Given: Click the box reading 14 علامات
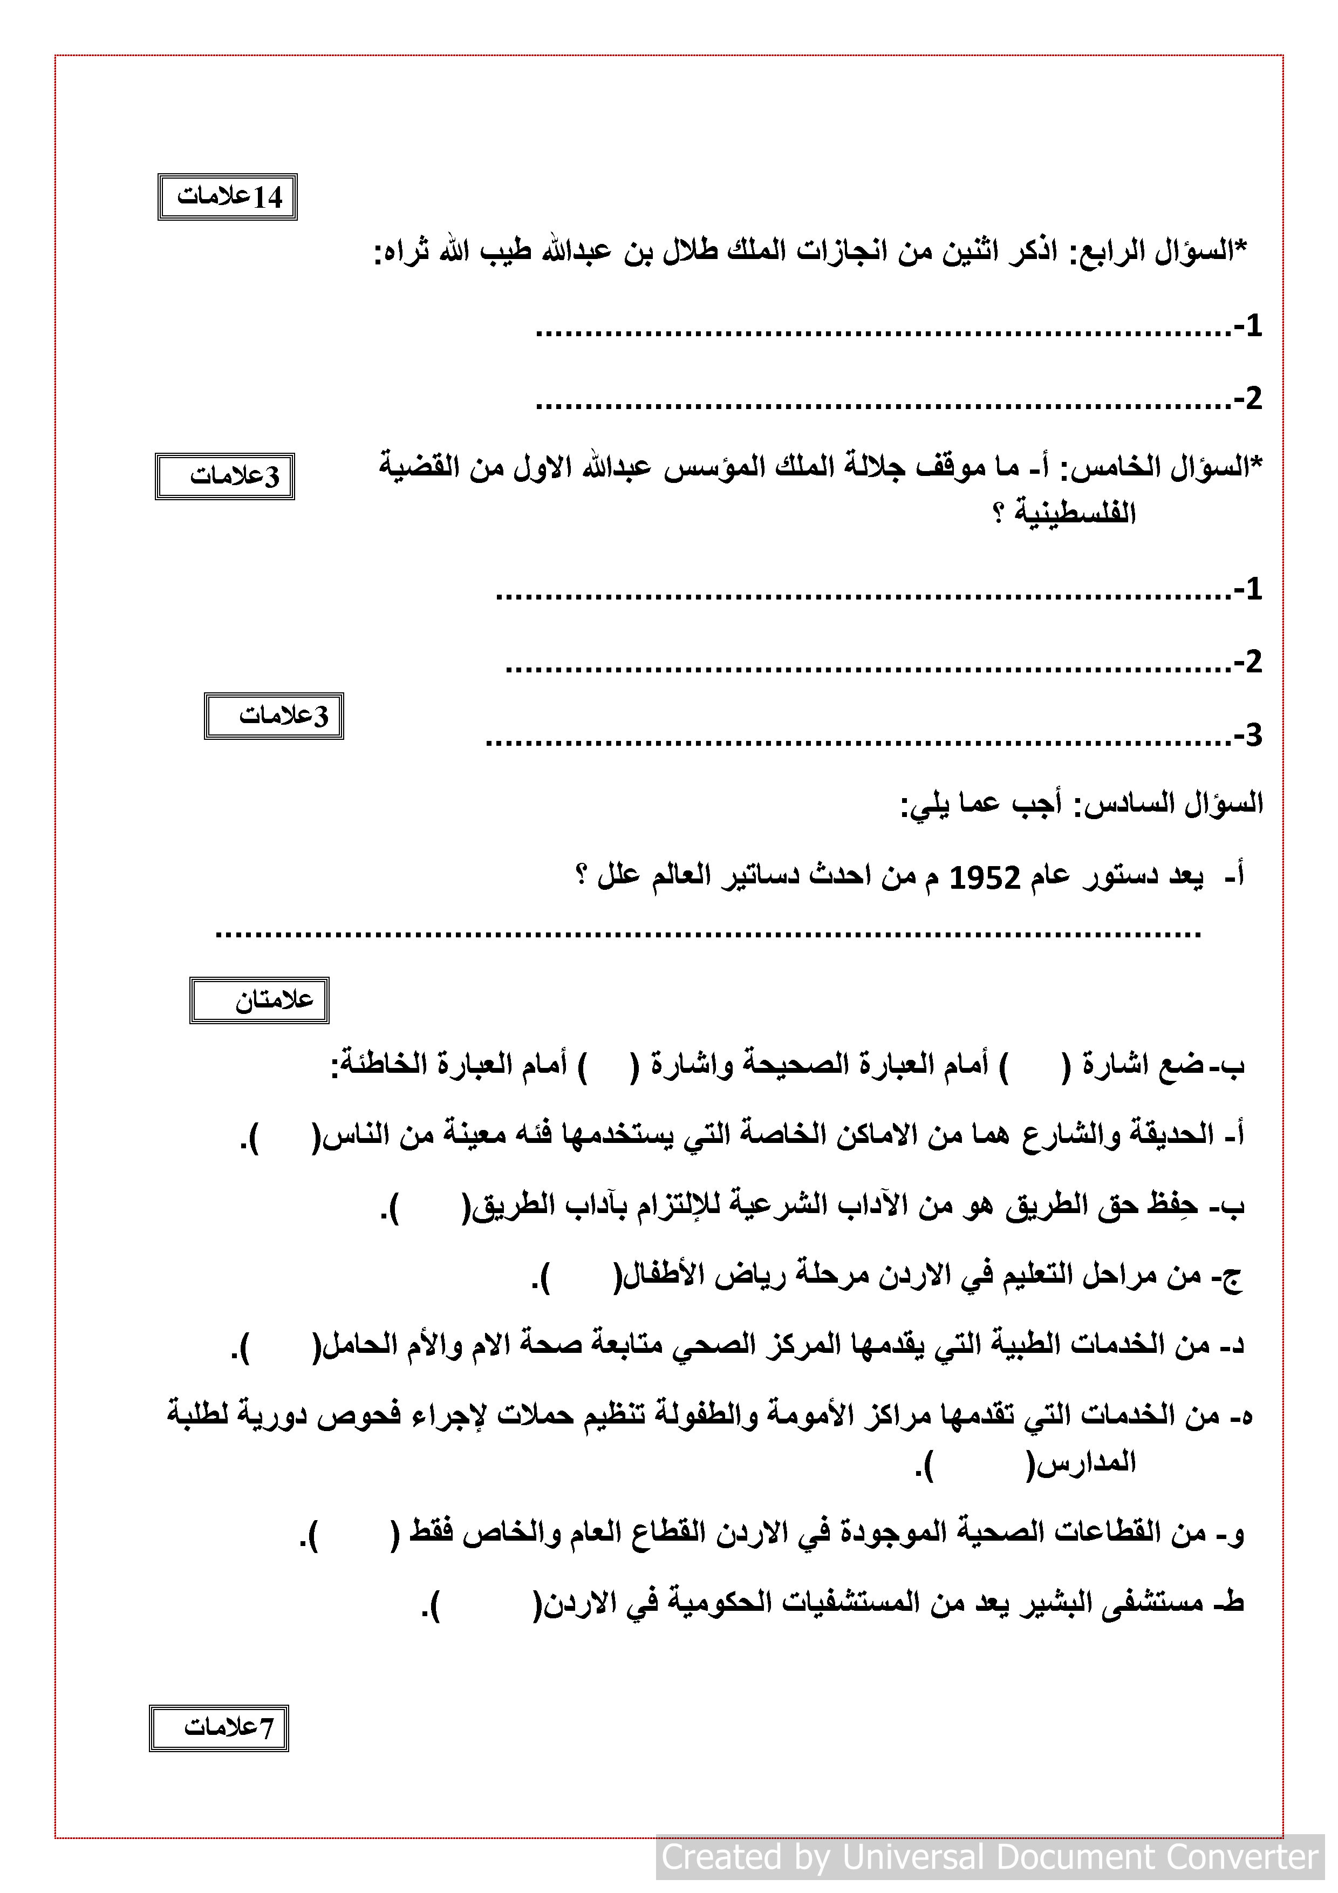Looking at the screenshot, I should click(228, 198).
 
